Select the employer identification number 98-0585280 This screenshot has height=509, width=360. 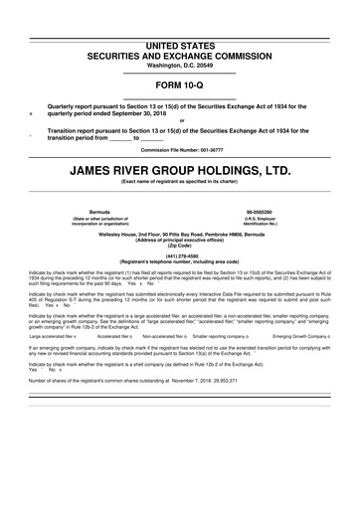[x=262, y=212]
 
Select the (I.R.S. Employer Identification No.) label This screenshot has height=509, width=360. [x=262, y=222]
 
